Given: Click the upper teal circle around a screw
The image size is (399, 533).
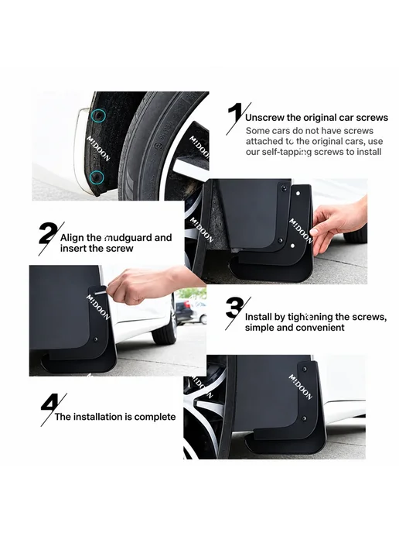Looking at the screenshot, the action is [98, 116].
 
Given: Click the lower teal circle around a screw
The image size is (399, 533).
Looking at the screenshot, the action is [97, 177].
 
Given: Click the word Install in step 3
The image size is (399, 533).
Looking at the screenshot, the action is [258, 317].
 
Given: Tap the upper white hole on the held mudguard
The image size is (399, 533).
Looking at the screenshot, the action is [298, 194].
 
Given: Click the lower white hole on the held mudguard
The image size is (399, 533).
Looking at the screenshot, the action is [292, 245].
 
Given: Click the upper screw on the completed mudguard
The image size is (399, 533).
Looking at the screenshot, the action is [305, 369].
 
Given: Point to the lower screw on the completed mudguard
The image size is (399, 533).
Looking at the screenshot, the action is [304, 418].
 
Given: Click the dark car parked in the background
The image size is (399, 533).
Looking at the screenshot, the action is [183, 311].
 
